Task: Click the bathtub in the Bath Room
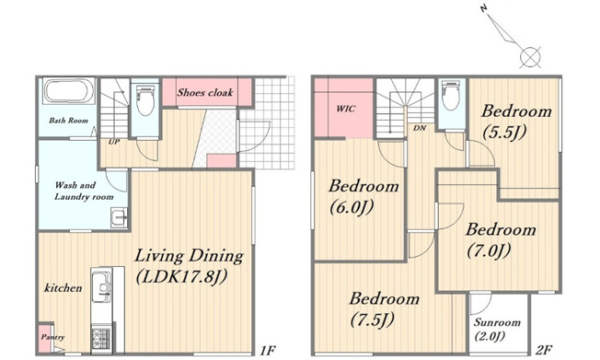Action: (69, 91)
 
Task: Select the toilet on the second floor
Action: (451, 95)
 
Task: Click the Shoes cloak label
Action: (205, 92)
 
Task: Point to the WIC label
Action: (345, 109)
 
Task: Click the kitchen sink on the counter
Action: (102, 287)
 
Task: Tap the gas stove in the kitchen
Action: (100, 338)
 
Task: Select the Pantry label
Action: (52, 337)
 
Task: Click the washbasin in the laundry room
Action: (119, 218)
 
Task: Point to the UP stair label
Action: (114, 142)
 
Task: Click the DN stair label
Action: (420, 128)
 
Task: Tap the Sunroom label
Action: (497, 322)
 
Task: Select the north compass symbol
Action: (512, 37)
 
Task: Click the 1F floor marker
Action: (268, 350)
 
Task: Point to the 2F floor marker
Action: (543, 350)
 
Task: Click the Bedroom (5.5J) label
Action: (516, 122)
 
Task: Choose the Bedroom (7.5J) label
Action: (384, 309)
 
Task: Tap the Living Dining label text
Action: (189, 256)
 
